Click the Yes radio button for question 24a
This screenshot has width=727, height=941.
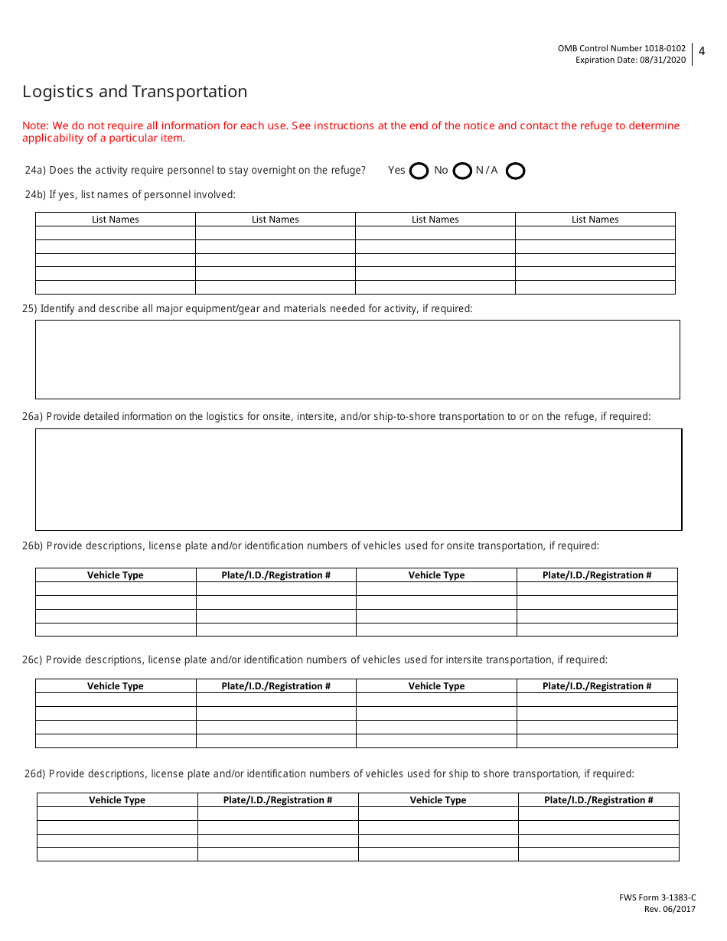[419, 171]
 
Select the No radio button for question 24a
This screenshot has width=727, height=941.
[462, 171]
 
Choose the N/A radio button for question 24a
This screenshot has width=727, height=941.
[516, 171]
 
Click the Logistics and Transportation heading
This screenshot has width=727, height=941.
[135, 92]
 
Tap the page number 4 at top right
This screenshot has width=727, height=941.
[702, 51]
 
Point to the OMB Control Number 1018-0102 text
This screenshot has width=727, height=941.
[621, 48]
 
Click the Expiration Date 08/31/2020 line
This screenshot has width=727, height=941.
[631, 60]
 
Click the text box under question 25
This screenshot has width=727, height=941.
[357, 360]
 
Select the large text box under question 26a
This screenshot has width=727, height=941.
[357, 480]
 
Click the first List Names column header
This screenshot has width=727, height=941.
[116, 220]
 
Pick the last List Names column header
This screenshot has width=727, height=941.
[595, 220]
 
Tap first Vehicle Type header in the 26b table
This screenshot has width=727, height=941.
[116, 575]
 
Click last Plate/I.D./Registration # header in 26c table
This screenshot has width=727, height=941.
[597, 686]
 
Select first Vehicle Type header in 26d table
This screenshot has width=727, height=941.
[117, 800]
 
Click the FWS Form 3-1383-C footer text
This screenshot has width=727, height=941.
[657, 897]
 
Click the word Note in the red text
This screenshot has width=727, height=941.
[34, 125]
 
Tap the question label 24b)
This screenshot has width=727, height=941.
[35, 195]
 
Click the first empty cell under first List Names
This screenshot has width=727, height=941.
[116, 233]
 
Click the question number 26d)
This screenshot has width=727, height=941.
[35, 773]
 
